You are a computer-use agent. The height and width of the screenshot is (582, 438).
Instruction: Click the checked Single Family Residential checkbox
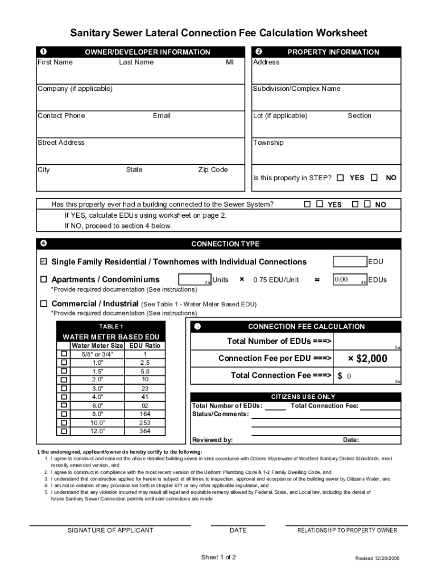click(43, 262)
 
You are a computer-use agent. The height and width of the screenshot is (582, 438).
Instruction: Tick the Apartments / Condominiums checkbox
click(43, 280)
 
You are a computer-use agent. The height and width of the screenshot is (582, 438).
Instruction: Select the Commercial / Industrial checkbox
click(43, 304)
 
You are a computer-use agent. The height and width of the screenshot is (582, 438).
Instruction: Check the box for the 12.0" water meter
click(64, 431)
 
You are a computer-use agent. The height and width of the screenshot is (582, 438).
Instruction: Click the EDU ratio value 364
click(145, 431)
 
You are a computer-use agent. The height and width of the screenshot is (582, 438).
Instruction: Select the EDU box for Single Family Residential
click(349, 261)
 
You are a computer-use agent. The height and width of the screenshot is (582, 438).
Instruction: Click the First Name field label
click(55, 63)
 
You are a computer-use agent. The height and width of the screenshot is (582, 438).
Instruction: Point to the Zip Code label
click(213, 170)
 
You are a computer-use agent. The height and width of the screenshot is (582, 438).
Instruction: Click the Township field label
click(268, 143)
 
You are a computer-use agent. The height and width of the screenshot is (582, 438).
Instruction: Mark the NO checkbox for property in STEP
click(374, 178)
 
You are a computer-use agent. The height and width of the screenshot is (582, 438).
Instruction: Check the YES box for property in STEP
click(340, 178)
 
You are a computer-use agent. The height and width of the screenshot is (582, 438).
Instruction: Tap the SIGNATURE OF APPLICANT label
click(110, 530)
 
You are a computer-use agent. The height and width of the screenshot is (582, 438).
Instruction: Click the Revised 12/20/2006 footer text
click(377, 558)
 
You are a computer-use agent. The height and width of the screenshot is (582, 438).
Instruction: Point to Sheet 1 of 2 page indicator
click(218, 557)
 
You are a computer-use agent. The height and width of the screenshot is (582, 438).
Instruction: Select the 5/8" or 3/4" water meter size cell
click(97, 354)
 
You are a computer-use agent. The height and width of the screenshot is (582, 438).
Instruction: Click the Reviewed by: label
click(212, 440)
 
